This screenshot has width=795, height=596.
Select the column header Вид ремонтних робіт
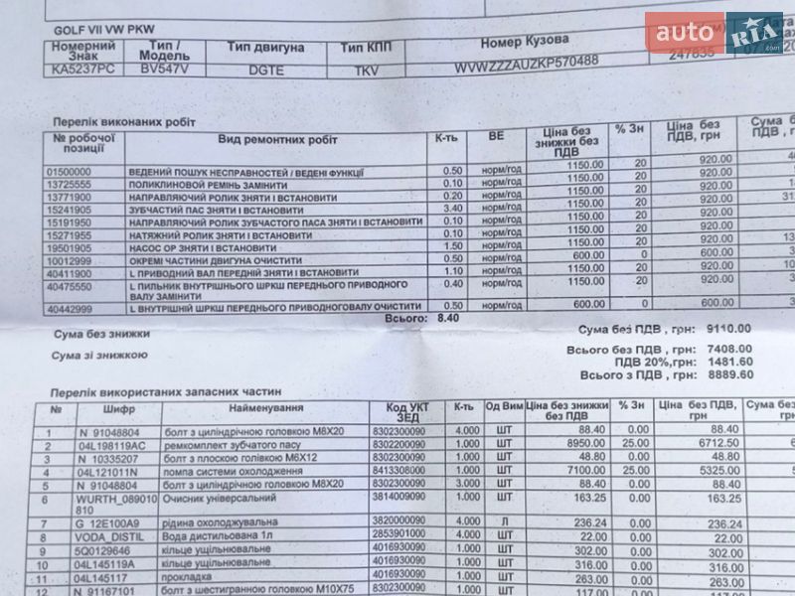[x=278, y=141]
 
